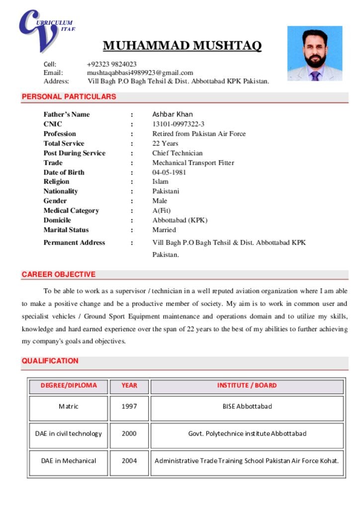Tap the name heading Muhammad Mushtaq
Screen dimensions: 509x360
[182, 46]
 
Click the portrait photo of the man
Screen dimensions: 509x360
[315, 54]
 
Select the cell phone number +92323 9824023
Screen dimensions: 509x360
[111, 64]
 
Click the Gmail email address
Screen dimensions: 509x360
[140, 73]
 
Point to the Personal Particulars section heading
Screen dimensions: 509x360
[69, 97]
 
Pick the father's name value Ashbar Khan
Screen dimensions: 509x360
[173, 114]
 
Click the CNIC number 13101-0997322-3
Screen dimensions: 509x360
[178, 124]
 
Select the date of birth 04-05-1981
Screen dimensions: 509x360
[169, 172]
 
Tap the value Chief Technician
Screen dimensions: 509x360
[178, 153]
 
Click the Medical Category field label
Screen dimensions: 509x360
[71, 211]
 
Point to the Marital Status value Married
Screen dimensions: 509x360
[164, 230]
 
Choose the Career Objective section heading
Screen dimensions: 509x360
[59, 274]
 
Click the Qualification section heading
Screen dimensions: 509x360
[50, 361]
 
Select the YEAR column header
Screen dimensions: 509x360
[129, 385]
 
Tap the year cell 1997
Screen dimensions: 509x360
[129, 407]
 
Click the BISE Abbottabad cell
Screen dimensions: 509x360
[247, 407]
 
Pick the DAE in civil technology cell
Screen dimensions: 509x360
[69, 433]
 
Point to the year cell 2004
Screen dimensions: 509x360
[129, 461]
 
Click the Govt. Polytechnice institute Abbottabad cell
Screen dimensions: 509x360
[247, 433]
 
